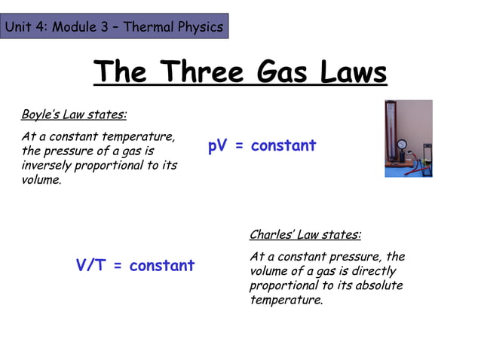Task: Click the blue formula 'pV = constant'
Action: coord(262,146)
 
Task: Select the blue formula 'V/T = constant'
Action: coord(135,266)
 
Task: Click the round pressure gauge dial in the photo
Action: coord(404,145)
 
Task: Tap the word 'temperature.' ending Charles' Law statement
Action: coord(286,301)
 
